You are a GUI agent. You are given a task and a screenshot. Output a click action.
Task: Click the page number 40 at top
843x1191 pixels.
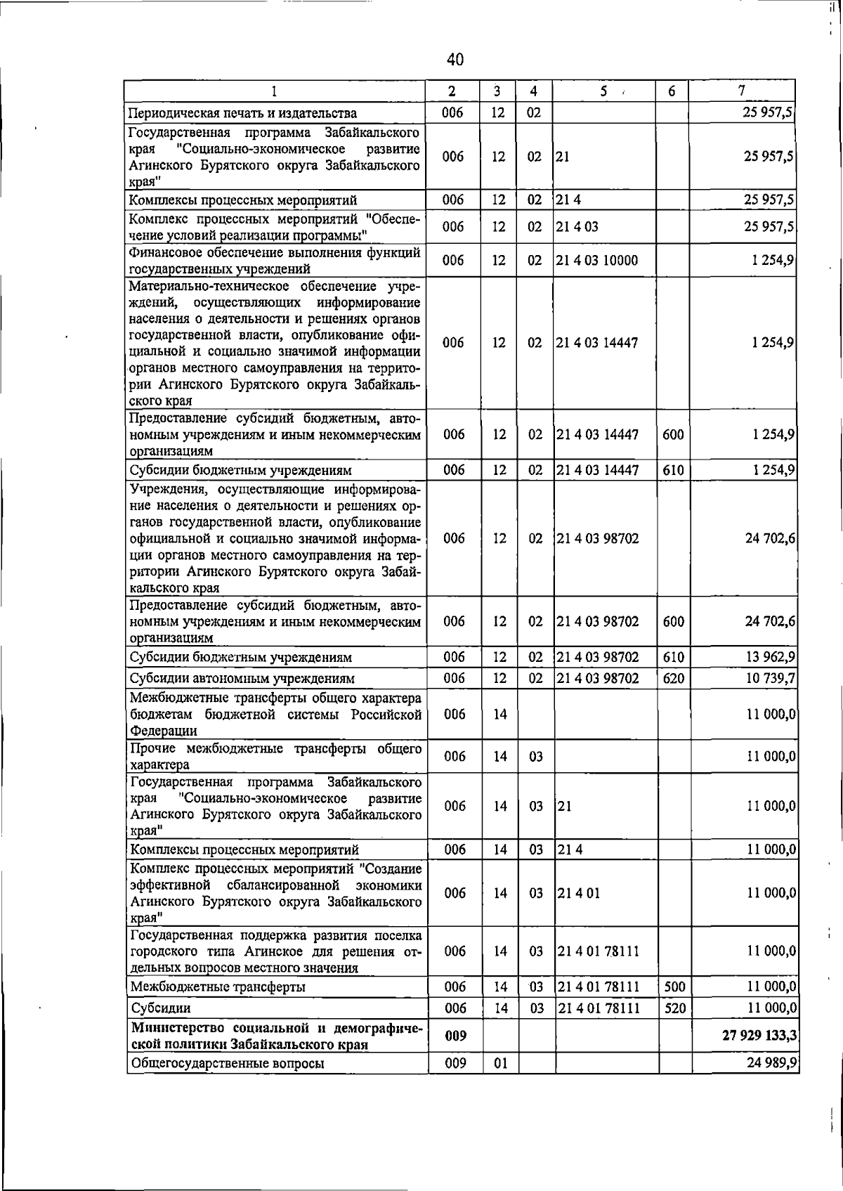pos(455,60)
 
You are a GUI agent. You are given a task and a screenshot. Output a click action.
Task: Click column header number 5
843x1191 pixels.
pos(603,91)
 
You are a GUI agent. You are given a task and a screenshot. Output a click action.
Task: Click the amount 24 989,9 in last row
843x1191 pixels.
pos(772,1063)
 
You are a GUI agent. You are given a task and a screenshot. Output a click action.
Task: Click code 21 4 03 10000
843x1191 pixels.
pos(597,261)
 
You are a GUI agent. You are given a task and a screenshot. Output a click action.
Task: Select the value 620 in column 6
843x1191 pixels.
pos(673,678)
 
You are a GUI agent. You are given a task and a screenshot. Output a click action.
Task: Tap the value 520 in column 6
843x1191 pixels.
pos(674,1008)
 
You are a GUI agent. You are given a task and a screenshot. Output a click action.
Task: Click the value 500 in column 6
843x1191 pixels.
pos(674,987)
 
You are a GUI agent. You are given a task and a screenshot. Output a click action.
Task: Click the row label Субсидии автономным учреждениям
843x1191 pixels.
pos(242,679)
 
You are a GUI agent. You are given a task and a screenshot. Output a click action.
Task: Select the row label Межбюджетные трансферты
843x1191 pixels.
pos(218,987)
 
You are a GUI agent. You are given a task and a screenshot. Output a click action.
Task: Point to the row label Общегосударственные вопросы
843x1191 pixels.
pos(228,1063)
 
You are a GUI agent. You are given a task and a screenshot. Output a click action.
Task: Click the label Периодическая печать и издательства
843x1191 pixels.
pos(242,113)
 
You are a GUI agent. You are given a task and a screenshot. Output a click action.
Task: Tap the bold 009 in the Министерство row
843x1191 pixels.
pos(455,1036)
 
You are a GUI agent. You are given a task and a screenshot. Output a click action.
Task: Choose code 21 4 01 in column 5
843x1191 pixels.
pos(578,893)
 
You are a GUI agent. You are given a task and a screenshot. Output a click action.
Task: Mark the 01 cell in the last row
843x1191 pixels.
pos(500,1063)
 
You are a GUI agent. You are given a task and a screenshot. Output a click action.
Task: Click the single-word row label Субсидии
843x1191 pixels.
pos(161,1008)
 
